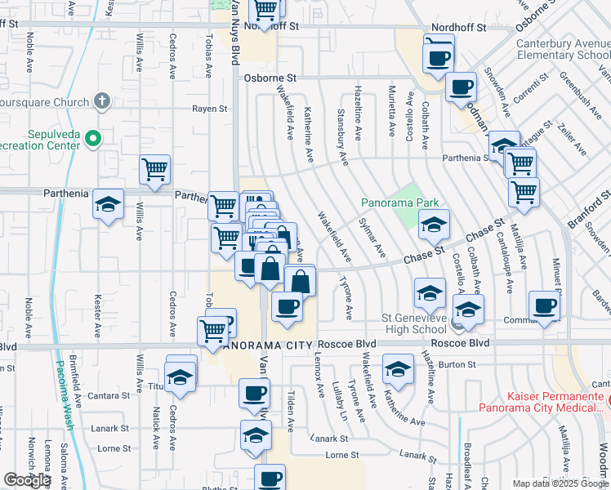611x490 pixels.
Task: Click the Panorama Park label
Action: pos(400,203)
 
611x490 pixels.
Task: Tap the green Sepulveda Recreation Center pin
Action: pos(92,138)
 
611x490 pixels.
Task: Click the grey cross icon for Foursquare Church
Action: pos(101,102)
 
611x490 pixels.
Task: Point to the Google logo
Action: pos(27,480)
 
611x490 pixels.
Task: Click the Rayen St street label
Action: pos(209,108)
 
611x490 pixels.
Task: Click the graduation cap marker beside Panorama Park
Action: pos(435,225)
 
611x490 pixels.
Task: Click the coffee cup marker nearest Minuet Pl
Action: pos(544,305)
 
